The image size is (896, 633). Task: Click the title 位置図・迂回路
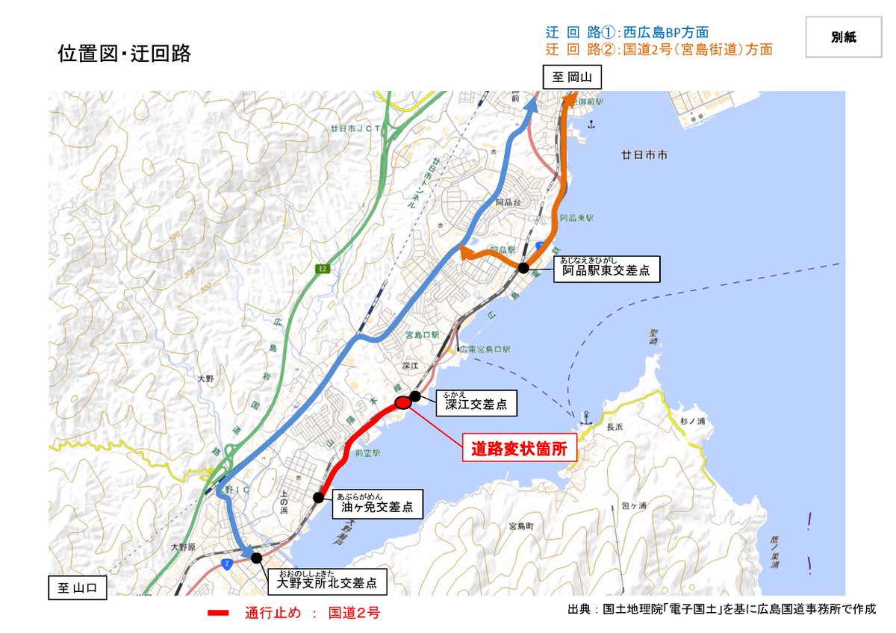click(125, 54)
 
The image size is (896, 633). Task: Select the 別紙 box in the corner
click(843, 37)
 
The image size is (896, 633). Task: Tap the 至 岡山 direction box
click(571, 77)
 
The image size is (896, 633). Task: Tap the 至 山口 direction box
click(78, 588)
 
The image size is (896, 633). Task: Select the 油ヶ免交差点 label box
click(375, 505)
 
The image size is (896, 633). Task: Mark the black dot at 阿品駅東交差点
click(523, 268)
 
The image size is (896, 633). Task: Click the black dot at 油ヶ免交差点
click(318, 496)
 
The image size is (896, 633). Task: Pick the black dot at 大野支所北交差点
click(256, 557)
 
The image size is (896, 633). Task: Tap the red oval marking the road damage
click(402, 403)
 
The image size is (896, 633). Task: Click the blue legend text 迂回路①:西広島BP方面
click(626, 33)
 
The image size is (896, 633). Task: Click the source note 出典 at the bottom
click(720, 610)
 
